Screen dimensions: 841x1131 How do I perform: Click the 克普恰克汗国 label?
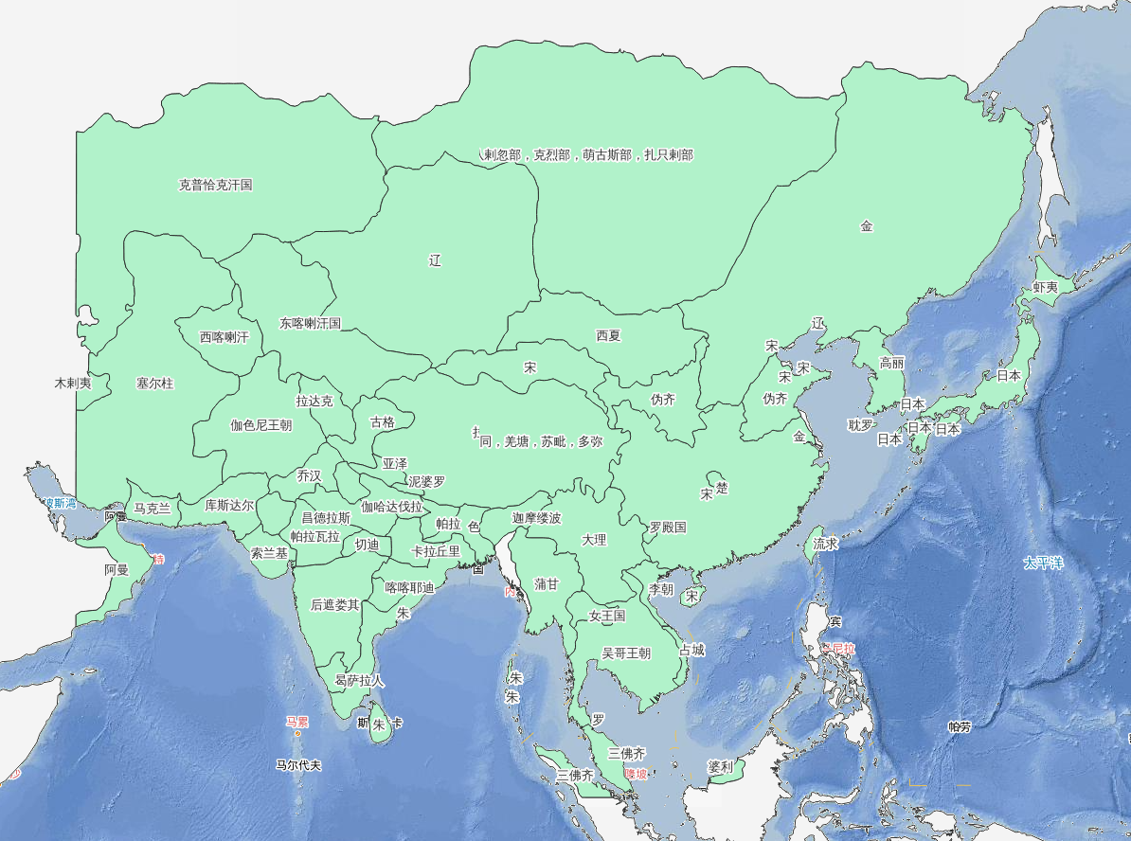tap(216, 185)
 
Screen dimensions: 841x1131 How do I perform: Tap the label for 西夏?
tap(609, 335)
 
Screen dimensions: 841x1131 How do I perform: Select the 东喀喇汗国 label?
tap(310, 323)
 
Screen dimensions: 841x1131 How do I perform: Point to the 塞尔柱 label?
tap(155, 384)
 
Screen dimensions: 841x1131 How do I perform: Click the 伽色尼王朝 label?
tap(261, 425)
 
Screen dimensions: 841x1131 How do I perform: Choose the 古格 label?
tap(382, 421)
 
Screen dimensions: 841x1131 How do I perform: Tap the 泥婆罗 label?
tap(426, 481)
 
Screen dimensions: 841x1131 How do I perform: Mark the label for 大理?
tap(594, 540)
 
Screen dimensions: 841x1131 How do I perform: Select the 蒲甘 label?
tap(547, 584)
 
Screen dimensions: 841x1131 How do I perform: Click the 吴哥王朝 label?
tap(626, 653)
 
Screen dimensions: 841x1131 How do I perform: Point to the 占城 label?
tap(691, 650)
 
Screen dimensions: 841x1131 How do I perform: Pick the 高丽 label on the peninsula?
tap(892, 362)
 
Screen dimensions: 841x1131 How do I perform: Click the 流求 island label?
tap(826, 544)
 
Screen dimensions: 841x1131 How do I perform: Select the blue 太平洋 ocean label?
tap(1043, 563)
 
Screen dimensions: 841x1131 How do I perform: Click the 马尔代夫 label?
tap(299, 764)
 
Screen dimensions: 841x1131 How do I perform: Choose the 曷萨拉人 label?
tap(360, 680)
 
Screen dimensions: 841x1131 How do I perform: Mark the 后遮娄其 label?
tap(335, 604)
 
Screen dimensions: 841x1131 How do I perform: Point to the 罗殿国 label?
tap(668, 527)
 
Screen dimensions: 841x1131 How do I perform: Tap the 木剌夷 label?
tap(73, 384)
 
